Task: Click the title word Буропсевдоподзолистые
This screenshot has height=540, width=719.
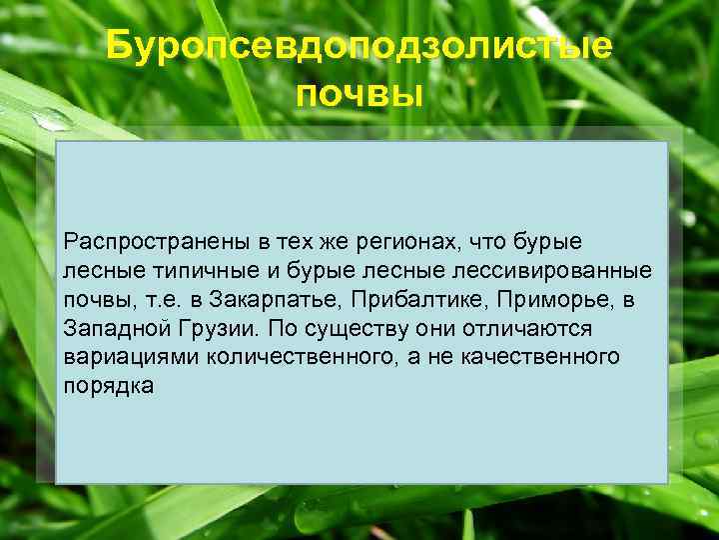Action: coord(359,46)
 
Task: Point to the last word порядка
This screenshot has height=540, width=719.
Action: coord(108,386)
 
